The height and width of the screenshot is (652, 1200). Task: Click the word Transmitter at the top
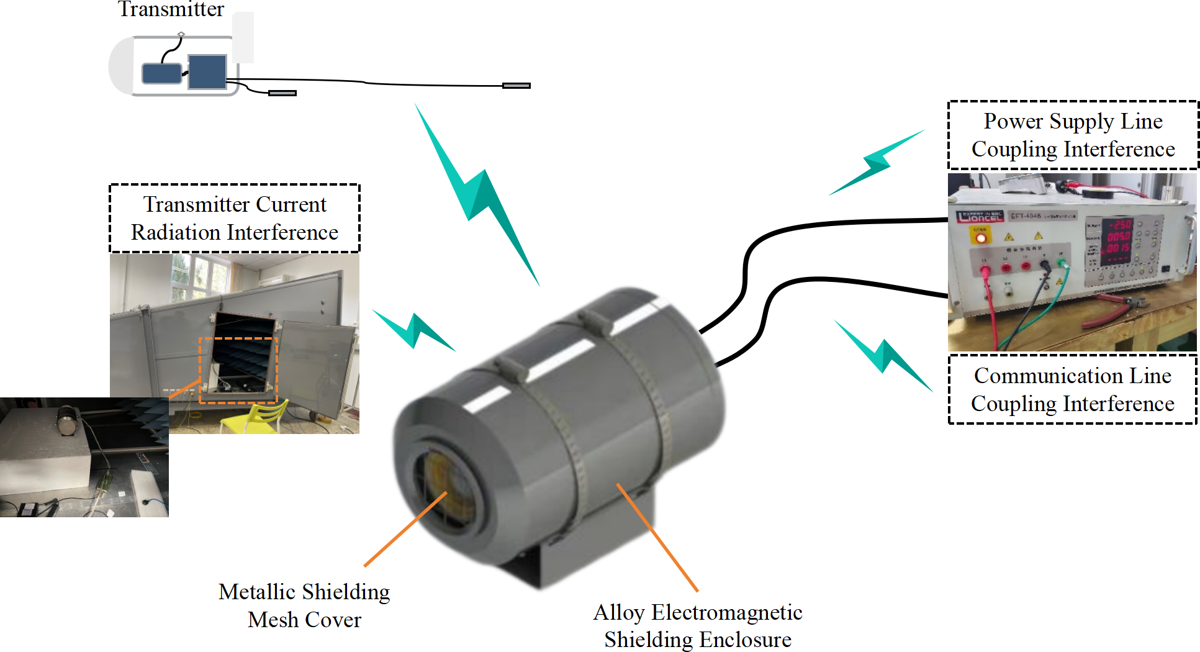171,9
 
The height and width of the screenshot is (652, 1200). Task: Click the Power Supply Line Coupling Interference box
1073,135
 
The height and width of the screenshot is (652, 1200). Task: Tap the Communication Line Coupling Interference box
1072,389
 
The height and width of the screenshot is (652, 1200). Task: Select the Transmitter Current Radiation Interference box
235,218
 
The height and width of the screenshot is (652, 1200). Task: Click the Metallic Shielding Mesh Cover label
304,605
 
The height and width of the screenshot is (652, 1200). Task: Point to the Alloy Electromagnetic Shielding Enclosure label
698,625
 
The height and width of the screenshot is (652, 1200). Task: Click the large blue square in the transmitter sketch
207,72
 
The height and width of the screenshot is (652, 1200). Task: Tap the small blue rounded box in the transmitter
161,73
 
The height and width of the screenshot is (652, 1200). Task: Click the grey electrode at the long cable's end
516,86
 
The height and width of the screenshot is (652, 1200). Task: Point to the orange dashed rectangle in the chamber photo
238,370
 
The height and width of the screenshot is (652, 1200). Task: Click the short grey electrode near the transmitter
282,93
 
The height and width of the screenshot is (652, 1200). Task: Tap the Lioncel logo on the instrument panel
980,217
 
